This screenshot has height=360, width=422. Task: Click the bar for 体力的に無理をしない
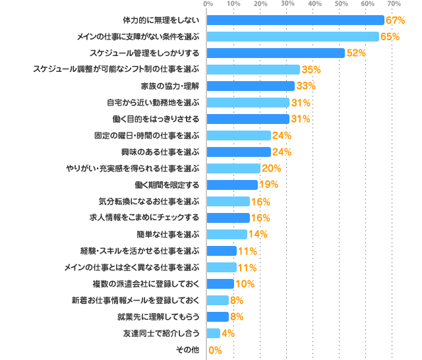click(295, 20)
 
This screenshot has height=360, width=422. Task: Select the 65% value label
click(389, 36)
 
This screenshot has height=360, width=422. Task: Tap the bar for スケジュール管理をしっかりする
click(276, 53)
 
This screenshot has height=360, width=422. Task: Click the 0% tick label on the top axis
click(208, 5)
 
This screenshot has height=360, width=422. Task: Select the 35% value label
click(311, 69)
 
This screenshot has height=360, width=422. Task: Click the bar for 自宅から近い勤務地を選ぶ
click(249, 102)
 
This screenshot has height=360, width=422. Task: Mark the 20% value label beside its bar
click(271, 168)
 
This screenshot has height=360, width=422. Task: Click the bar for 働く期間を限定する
click(233, 185)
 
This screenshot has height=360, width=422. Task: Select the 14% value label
click(257, 234)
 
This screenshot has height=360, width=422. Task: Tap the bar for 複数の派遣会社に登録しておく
click(221, 284)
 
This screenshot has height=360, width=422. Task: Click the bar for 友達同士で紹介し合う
click(214, 333)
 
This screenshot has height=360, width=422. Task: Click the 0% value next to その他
click(215, 350)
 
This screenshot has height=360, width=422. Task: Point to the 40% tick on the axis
click(315, 5)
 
